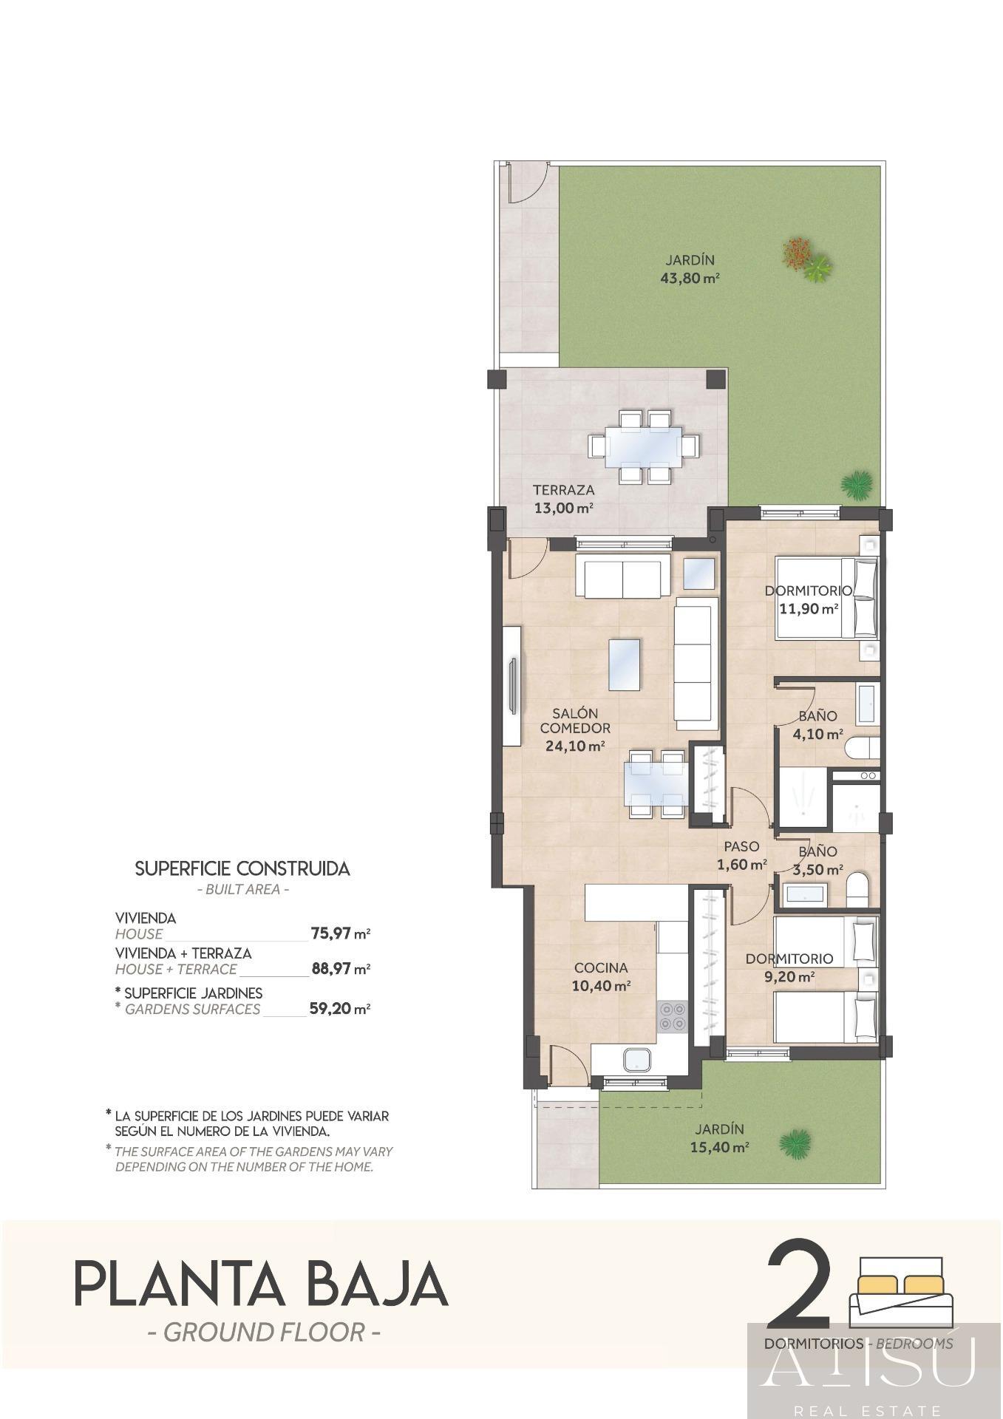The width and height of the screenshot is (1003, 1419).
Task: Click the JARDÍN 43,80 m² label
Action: tap(690, 270)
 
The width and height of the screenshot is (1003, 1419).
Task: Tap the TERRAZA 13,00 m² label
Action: tap(563, 499)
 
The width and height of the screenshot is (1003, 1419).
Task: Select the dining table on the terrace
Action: tap(644, 447)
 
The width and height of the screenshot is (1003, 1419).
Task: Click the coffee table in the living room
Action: tap(624, 664)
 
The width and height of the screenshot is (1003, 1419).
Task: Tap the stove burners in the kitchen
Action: tap(672, 1017)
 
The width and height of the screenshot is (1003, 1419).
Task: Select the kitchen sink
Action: tap(637, 1061)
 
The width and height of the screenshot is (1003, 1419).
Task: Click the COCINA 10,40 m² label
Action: tap(601, 976)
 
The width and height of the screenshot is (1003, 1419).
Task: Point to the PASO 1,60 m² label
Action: tap(741, 855)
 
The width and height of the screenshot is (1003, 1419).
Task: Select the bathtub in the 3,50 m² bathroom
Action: tap(804, 895)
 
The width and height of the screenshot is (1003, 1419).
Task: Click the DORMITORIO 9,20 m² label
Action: tap(789, 967)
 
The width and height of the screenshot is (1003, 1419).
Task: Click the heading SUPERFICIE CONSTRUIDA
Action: tap(242, 868)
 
